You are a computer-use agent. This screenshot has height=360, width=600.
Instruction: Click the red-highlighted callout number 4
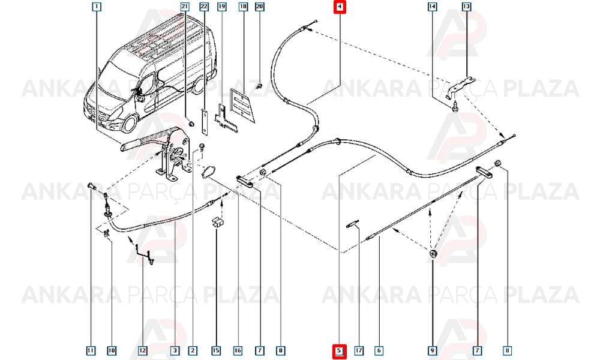(340, 7)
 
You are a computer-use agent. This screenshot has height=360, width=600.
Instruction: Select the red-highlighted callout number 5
(340, 350)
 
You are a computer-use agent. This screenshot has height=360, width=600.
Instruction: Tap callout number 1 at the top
(97, 7)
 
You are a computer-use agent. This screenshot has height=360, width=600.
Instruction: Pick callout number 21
(185, 7)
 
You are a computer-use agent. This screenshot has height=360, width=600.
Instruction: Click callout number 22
(204, 7)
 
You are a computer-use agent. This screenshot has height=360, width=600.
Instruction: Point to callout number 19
(222, 7)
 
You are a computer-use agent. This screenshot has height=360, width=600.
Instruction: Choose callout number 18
(243, 7)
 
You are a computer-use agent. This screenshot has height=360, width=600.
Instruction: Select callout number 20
(260, 7)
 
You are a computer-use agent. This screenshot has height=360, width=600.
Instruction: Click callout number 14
(432, 7)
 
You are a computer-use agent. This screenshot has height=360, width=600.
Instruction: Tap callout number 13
(466, 7)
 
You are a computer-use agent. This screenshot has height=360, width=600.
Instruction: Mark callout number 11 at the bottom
(91, 350)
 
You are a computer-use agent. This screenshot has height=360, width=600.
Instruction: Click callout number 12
(142, 350)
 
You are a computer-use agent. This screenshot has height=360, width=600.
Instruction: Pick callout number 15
(216, 350)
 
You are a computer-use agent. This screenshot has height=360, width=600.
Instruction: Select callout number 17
(359, 350)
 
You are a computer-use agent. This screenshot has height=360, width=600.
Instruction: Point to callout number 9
(433, 350)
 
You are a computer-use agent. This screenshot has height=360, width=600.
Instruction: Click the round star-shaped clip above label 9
(433, 253)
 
